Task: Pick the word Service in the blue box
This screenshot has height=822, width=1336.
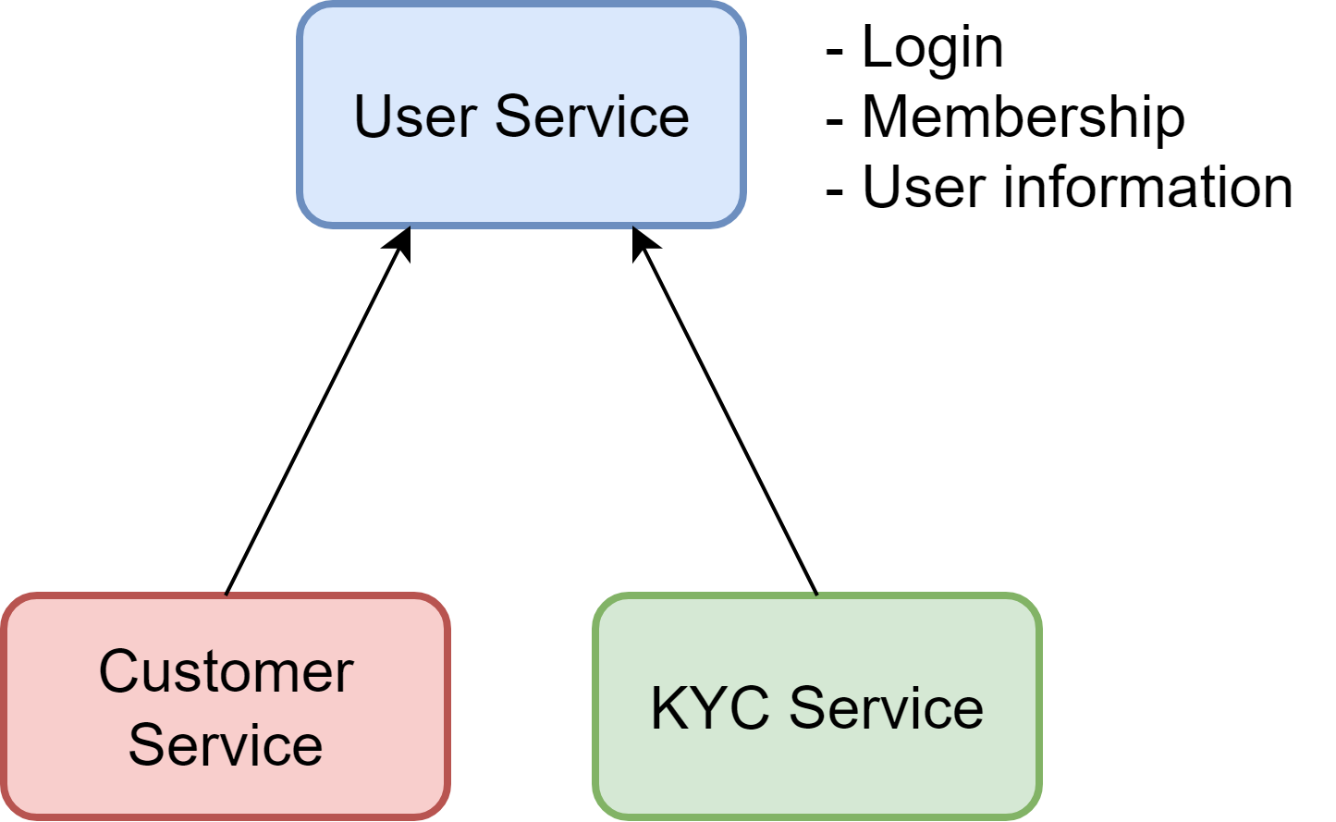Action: click(593, 117)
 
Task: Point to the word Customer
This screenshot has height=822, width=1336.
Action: click(227, 671)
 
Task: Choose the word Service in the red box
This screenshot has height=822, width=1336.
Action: click(227, 744)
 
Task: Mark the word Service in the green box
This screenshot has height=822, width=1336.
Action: click(886, 708)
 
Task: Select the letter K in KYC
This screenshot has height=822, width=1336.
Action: click(670, 708)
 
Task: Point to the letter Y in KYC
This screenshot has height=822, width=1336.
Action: click(707, 708)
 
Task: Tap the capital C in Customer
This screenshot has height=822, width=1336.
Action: click(118, 671)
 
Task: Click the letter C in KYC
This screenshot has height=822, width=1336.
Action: click(748, 708)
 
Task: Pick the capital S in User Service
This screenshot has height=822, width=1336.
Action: click(515, 117)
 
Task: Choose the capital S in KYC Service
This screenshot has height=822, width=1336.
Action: click(809, 708)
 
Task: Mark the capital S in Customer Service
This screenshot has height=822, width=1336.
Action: click(148, 744)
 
